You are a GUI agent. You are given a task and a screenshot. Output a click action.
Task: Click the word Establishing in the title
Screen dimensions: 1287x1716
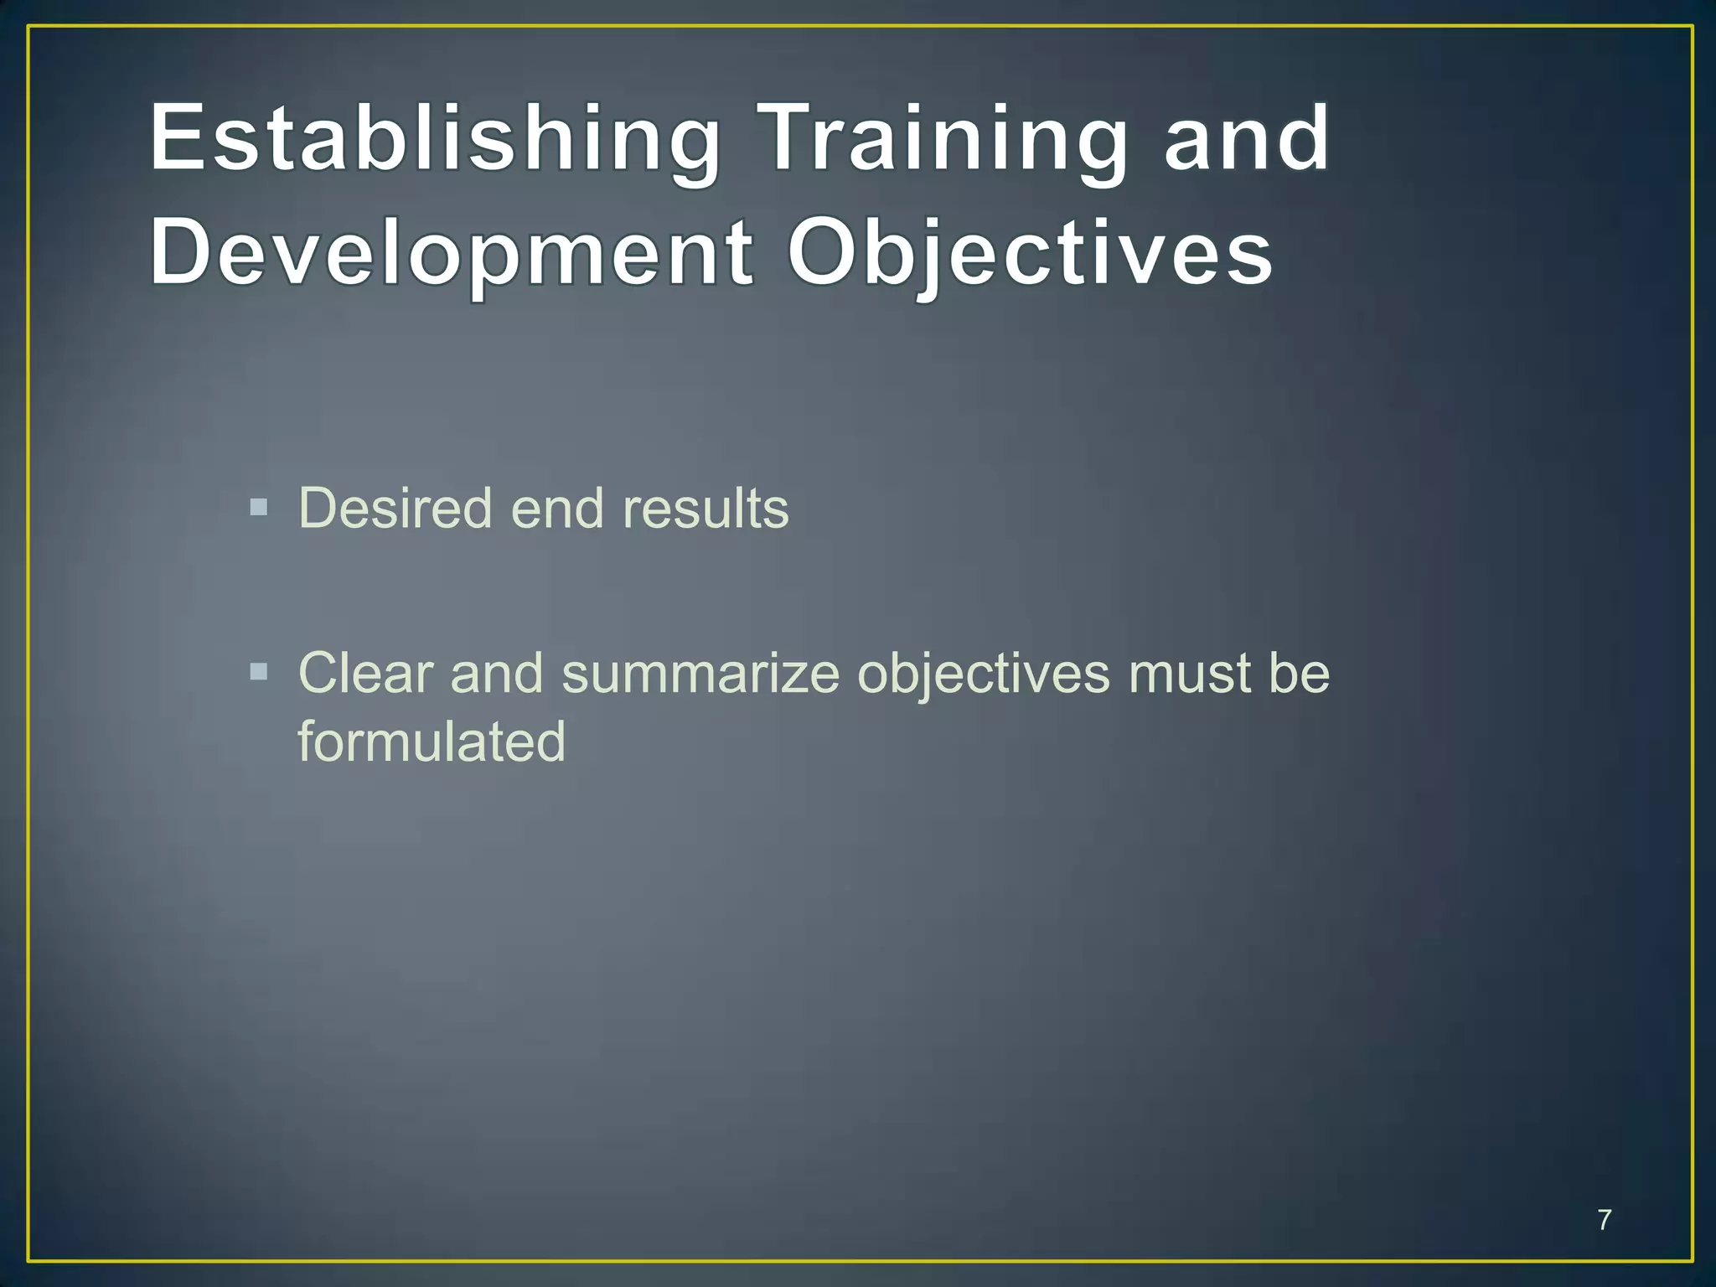[434, 138]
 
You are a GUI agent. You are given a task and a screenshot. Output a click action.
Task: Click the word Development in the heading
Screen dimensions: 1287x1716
[451, 251]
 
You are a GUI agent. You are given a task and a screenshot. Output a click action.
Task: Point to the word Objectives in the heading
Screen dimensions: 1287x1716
[1029, 251]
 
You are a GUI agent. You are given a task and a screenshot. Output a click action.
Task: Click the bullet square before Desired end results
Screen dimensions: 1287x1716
[259, 508]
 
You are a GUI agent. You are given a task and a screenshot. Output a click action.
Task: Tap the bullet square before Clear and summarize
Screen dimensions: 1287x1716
[259, 672]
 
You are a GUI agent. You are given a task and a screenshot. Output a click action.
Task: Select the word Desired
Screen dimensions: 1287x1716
[395, 509]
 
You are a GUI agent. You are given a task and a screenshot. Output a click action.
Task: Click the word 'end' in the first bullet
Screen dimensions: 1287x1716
[556, 509]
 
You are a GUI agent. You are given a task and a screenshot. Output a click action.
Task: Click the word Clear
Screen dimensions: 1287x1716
[365, 673]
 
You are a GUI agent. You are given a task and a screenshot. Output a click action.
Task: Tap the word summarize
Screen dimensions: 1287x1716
[700, 673]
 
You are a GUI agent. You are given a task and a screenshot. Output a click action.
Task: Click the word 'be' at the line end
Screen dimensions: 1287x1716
[1299, 673]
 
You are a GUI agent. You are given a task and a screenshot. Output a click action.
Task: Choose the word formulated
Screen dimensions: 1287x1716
[432, 742]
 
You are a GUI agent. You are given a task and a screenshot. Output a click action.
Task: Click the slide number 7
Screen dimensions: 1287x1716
[1604, 1220]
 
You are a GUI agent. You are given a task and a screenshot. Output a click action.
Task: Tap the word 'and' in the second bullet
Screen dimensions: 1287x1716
[496, 673]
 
